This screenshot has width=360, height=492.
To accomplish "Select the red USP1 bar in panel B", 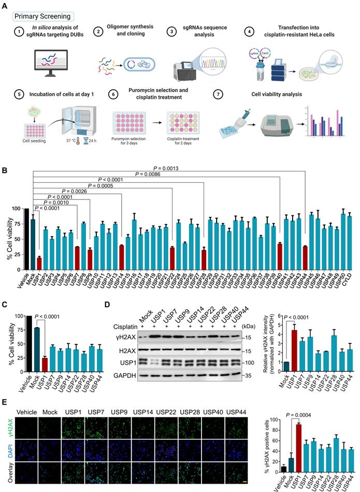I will tap(39, 264).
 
